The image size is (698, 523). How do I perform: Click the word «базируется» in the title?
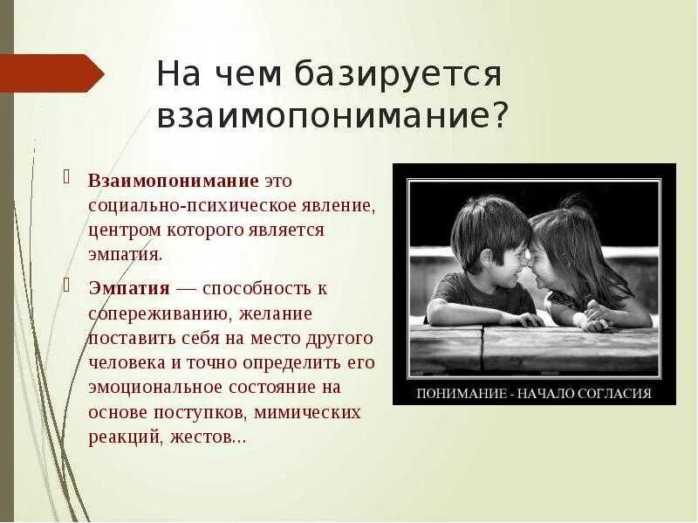pyautogui.click(x=400, y=74)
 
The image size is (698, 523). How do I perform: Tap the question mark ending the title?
pyautogui.click(x=499, y=115)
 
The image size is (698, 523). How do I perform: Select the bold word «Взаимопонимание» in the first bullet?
pyautogui.click(x=173, y=181)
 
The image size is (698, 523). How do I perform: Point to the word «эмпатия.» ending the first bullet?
pyautogui.click(x=125, y=256)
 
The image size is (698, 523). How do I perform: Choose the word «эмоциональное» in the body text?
pyautogui.click(x=154, y=387)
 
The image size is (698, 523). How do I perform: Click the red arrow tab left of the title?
pyautogui.click(x=48, y=72)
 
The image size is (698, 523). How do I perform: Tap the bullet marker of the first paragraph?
pyautogui.click(x=66, y=178)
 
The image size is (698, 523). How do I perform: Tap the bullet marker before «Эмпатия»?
pyautogui.click(x=66, y=285)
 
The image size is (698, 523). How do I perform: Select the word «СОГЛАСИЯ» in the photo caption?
pyautogui.click(x=615, y=393)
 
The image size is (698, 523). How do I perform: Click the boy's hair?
pyautogui.click(x=489, y=217)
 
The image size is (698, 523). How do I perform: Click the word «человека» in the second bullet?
pyautogui.click(x=124, y=361)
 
